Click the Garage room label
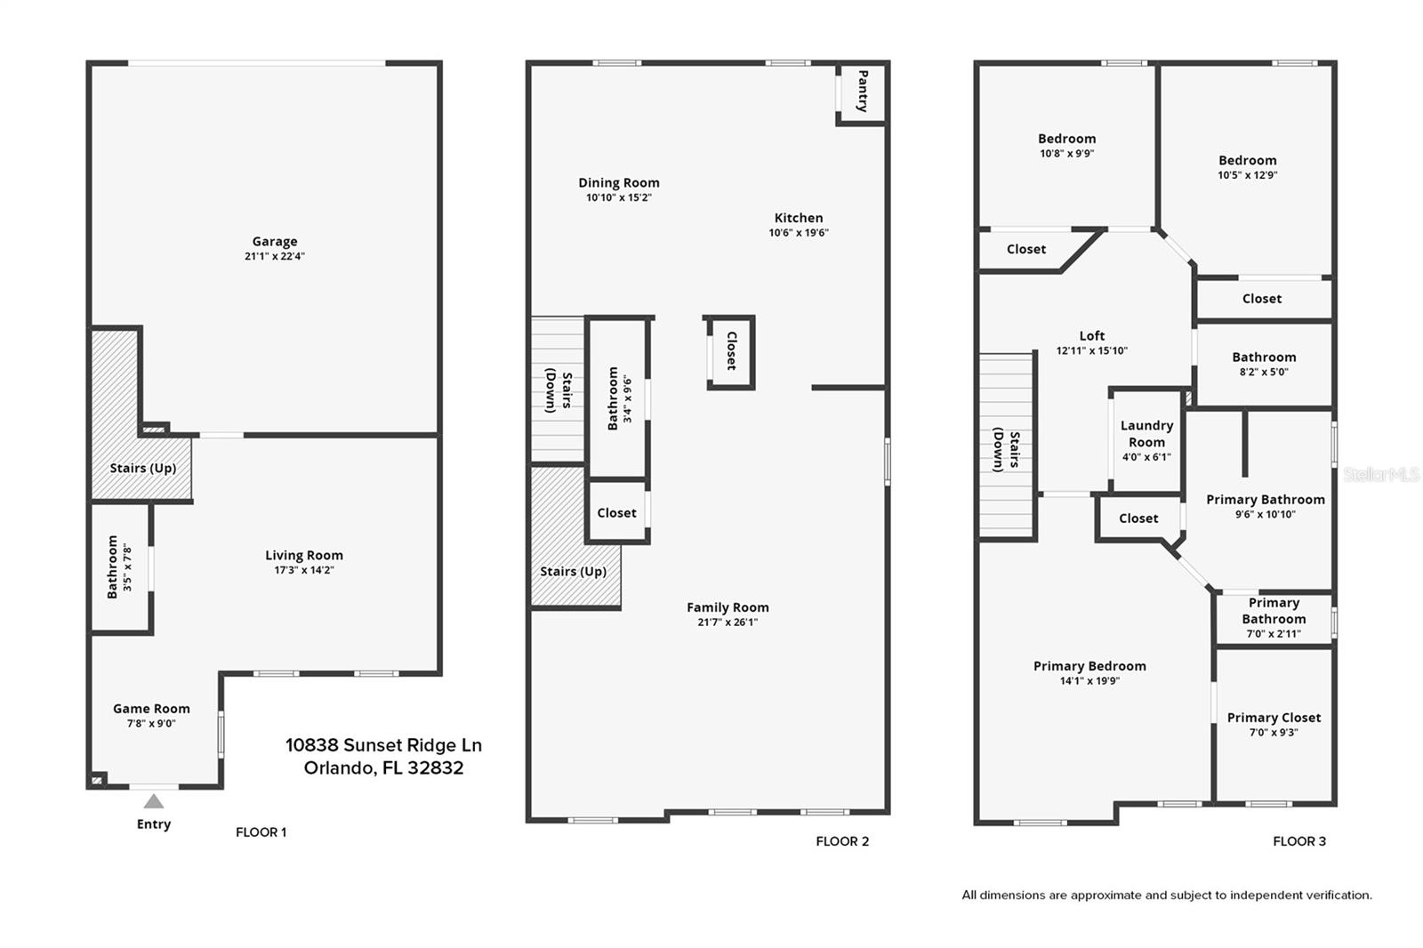(x=274, y=241)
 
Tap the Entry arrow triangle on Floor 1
(x=154, y=801)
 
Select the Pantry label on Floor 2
(x=862, y=92)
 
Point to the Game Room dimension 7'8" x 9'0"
(x=151, y=724)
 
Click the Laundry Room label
(x=1146, y=434)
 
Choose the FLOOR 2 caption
(x=842, y=841)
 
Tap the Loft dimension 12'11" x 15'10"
(x=1091, y=350)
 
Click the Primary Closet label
(x=1274, y=718)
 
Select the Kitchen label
(x=799, y=218)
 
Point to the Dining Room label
(x=619, y=183)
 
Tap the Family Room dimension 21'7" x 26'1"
(x=728, y=623)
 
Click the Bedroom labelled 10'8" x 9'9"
(x=1066, y=139)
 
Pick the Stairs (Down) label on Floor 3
(x=1007, y=450)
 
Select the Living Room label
(x=303, y=555)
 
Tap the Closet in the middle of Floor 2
(x=731, y=351)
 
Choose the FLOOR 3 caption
(x=1298, y=841)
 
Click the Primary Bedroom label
(x=1089, y=666)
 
